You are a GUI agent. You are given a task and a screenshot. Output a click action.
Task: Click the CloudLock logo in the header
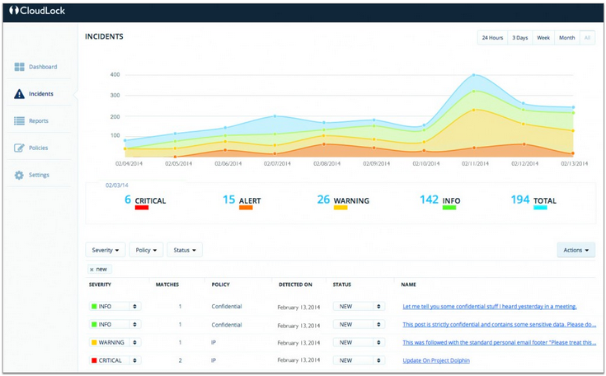[x=37, y=12]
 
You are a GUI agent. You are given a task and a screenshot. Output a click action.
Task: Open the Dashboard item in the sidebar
[x=42, y=66]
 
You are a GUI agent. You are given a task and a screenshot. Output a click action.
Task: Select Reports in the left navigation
[x=38, y=120]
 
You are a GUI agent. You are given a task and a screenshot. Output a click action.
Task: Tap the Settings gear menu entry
[x=39, y=175]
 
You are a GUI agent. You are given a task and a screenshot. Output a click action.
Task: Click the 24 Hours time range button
[x=492, y=38]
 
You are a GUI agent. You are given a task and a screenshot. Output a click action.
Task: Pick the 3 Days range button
[x=520, y=38]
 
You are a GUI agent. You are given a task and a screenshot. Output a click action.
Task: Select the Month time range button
[x=566, y=38]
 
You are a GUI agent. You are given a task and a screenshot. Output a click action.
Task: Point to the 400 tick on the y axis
[x=115, y=75]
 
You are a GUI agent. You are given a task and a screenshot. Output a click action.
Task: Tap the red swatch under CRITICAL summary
[x=141, y=208]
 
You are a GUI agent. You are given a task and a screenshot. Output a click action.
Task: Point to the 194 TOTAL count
[x=520, y=200]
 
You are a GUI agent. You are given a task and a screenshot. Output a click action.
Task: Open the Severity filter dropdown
[x=107, y=249]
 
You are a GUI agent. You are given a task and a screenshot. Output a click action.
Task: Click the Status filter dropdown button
[x=185, y=249]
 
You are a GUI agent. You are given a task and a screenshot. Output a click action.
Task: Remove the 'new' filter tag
[x=91, y=270]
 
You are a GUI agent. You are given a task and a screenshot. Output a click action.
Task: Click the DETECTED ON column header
[x=296, y=284]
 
